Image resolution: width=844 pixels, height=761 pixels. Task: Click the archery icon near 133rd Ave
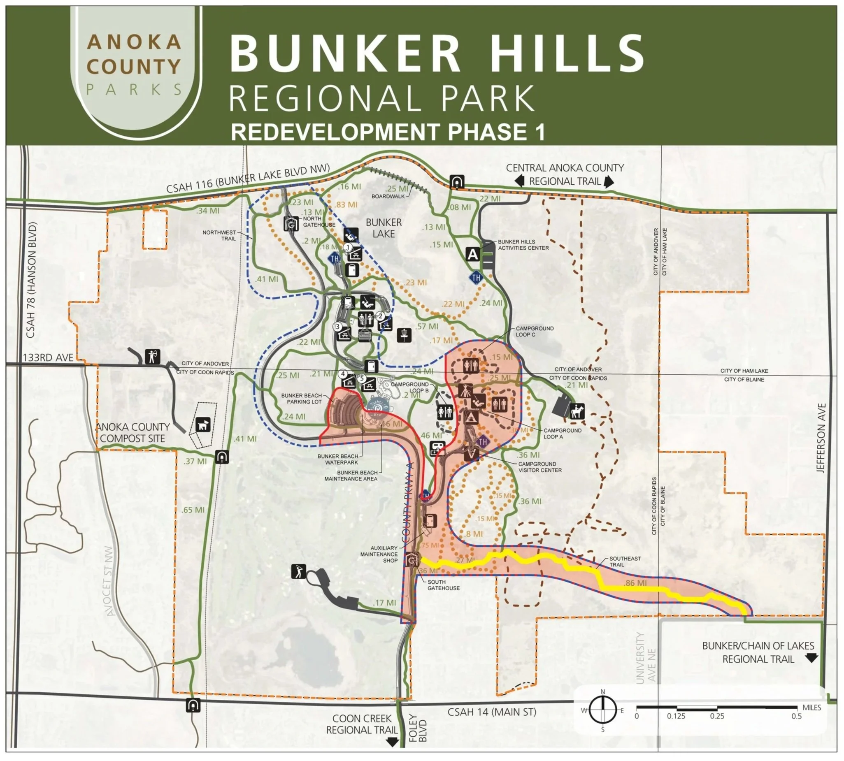coord(152,357)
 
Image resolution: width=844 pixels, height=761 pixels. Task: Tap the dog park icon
coord(203,425)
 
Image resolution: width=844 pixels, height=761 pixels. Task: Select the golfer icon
coord(299,571)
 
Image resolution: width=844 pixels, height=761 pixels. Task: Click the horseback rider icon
coord(577,411)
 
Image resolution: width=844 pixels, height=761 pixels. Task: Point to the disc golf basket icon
coord(405,334)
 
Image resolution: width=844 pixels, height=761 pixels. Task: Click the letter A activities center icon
coord(472,254)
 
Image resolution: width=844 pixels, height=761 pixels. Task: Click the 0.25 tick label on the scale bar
coord(717,716)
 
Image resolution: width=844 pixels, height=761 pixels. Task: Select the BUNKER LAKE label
coord(384,228)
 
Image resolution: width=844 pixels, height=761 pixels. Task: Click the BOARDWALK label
coord(388,196)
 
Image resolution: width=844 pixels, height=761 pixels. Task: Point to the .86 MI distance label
coord(635,583)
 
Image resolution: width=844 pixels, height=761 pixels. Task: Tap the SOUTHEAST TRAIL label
coord(625,561)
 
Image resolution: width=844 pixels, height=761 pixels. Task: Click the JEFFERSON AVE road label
coord(821,438)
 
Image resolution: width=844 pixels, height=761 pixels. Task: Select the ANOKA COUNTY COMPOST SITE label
coord(133,432)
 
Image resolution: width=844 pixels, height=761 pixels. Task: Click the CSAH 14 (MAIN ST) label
coord(491,712)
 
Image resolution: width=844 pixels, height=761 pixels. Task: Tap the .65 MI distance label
coord(193,510)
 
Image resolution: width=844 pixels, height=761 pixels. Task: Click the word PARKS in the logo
coord(134,90)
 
